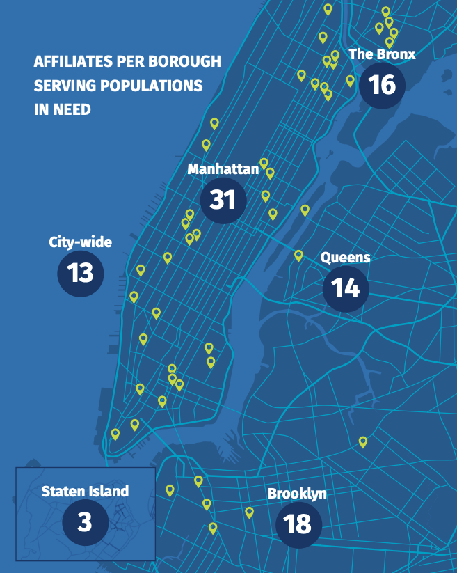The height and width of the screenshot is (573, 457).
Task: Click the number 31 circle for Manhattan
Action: [x=223, y=200]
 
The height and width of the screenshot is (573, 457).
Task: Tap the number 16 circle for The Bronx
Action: [x=382, y=84]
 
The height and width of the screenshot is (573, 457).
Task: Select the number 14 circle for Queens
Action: [x=346, y=287]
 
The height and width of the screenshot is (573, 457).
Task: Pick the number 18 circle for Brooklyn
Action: [x=298, y=524]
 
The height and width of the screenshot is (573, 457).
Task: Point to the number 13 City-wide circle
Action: [x=80, y=272]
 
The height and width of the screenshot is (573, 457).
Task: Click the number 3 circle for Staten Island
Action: [x=85, y=521]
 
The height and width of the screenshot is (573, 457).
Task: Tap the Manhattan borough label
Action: [x=223, y=169]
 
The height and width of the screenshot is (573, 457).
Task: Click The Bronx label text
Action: [x=381, y=54]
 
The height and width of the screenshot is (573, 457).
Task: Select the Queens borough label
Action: [x=345, y=258]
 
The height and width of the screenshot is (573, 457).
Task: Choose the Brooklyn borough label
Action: [x=297, y=494]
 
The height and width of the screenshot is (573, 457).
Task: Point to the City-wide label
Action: [x=80, y=242]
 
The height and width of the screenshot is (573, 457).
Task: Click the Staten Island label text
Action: [x=85, y=491]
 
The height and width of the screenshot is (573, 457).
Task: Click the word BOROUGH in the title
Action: [x=186, y=62]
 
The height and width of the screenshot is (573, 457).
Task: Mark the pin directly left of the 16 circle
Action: [x=350, y=81]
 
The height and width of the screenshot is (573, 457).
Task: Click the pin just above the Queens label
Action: [x=298, y=256]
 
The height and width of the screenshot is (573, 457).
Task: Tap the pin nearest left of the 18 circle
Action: [x=249, y=512]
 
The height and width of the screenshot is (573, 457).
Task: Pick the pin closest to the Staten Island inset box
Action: [x=169, y=490]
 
